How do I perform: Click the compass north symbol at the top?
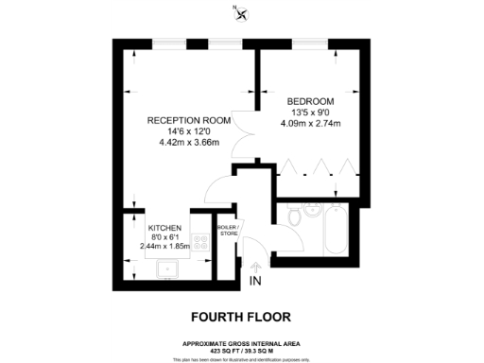click(241, 12)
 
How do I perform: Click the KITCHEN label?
click(164, 227)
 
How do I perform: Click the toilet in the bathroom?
click(296, 217)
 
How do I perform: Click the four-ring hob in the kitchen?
click(199, 239)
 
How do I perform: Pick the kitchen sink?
click(170, 270)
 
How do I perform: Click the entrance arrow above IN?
click(253, 268)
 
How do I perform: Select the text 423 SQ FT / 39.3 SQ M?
click(242, 351)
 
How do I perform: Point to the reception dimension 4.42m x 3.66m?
click(189, 143)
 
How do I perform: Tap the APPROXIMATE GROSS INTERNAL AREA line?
click(242, 343)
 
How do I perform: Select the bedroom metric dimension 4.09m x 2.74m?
click(312, 122)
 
